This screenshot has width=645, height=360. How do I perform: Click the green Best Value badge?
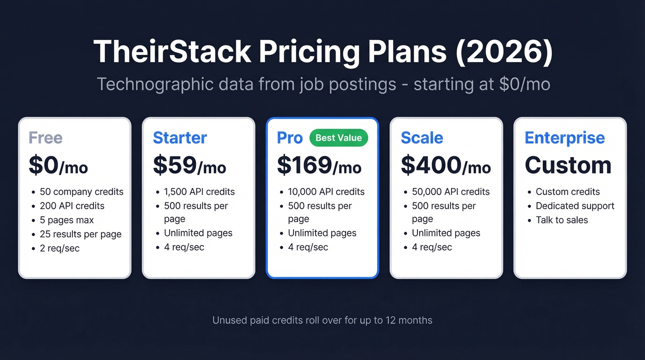coord(339,137)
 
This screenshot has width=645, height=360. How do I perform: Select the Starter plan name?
coord(180,138)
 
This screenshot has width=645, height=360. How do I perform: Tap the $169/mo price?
coord(319,165)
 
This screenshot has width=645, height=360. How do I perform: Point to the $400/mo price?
coord(446,165)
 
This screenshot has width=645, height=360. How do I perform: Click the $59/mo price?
coord(189,165)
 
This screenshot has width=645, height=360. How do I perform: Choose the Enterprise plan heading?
coord(564,138)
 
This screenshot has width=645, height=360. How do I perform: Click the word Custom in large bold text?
coord(568,165)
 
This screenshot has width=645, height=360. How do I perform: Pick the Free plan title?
coord(46,138)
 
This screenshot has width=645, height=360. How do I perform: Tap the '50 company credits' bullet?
coord(82,192)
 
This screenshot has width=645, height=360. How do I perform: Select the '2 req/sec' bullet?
coord(59,248)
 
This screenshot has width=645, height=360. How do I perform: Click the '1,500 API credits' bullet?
coord(199,192)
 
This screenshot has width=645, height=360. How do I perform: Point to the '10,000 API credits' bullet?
coord(326,192)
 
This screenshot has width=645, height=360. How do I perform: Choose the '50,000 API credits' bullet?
coord(451,192)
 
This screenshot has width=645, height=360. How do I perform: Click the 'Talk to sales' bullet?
coord(562,220)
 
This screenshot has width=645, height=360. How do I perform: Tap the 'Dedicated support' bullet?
coord(575,206)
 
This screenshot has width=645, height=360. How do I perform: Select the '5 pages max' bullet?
coord(67,220)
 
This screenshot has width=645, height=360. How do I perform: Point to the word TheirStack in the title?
coord(172,52)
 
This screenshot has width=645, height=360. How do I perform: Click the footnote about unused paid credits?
coord(322,320)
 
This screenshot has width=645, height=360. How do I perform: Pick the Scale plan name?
coord(422,138)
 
